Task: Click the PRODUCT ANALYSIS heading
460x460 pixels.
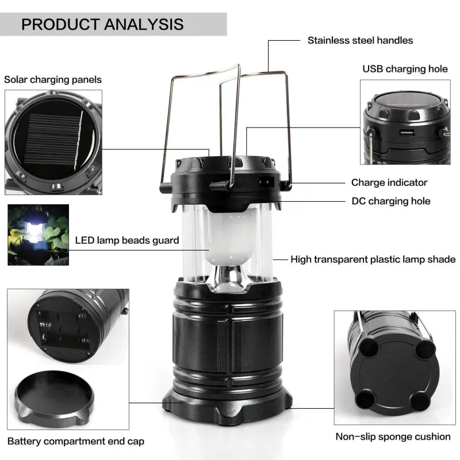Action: click(x=103, y=24)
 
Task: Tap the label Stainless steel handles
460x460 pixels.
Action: click(x=360, y=40)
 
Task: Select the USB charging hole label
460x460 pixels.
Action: click(x=405, y=69)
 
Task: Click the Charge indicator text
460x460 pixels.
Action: click(x=389, y=182)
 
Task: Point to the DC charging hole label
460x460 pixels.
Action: click(x=391, y=201)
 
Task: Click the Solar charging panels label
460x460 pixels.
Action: click(x=53, y=79)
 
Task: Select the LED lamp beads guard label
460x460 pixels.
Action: click(x=127, y=240)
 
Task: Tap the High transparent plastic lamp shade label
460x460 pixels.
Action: click(x=373, y=259)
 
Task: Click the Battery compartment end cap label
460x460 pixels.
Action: click(x=76, y=442)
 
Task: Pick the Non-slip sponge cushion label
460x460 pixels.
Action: click(x=393, y=436)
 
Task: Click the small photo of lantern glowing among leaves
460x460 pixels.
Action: click(x=38, y=235)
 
